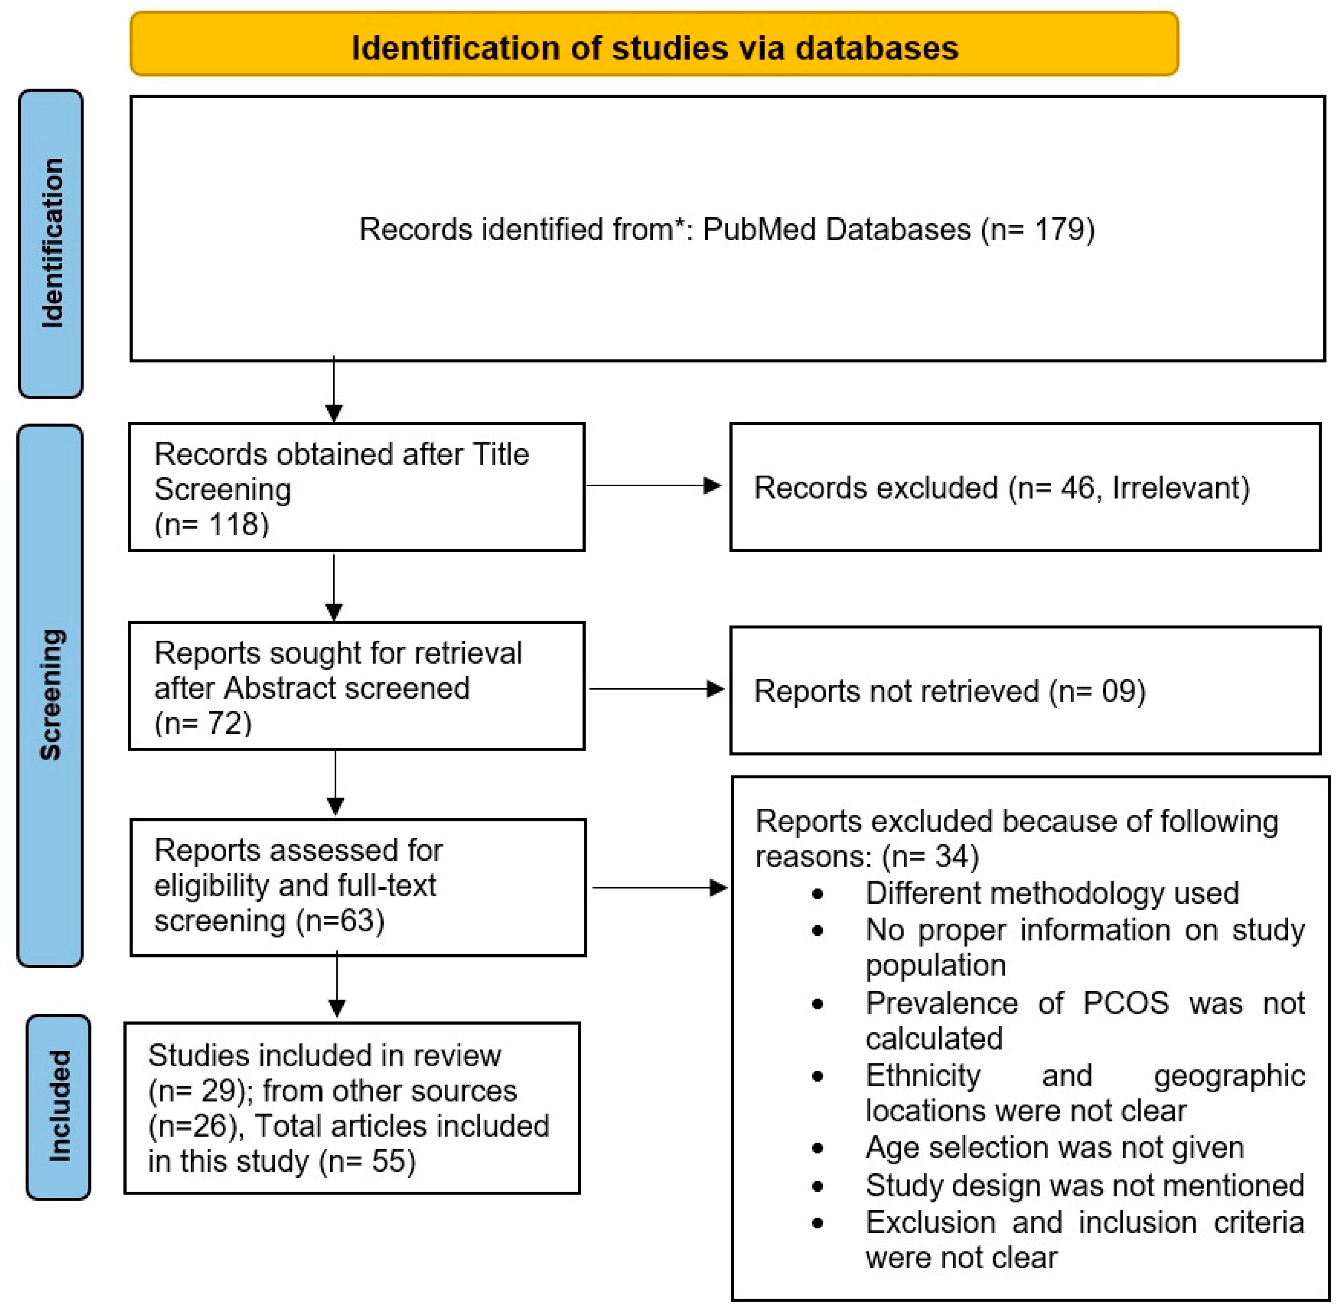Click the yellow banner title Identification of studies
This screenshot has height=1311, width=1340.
[x=654, y=48]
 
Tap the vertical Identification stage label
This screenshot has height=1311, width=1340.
[x=52, y=243]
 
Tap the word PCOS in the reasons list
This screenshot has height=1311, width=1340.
[x=1125, y=1003]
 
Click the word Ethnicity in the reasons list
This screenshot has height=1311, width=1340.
[x=923, y=1076]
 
